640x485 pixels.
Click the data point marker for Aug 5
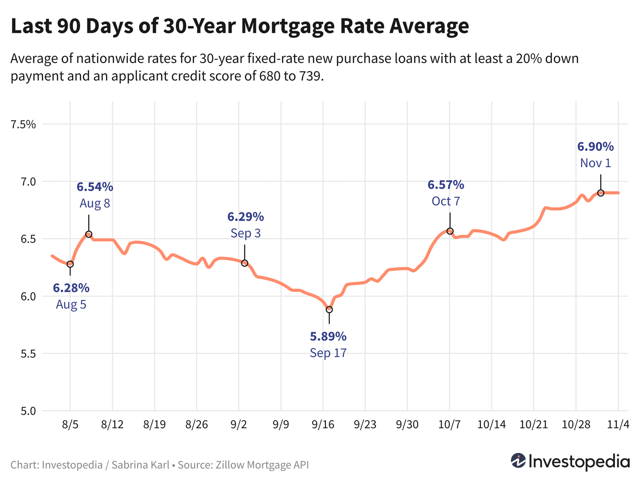70,264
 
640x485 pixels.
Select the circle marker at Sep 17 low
329,309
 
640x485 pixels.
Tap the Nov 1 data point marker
601,193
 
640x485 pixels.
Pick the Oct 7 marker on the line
450,231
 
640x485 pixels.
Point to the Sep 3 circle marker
244,263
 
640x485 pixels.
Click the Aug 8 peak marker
89,234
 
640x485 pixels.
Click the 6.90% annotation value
596,147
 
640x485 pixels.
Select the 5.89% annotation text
328,337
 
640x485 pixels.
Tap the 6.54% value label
95,187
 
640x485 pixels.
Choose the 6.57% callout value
446,185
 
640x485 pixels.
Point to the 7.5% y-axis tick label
23,125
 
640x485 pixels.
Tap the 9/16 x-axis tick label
323,425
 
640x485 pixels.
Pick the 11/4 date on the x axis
618,425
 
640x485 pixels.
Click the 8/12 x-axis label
112,425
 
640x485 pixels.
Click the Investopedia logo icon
518,461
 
